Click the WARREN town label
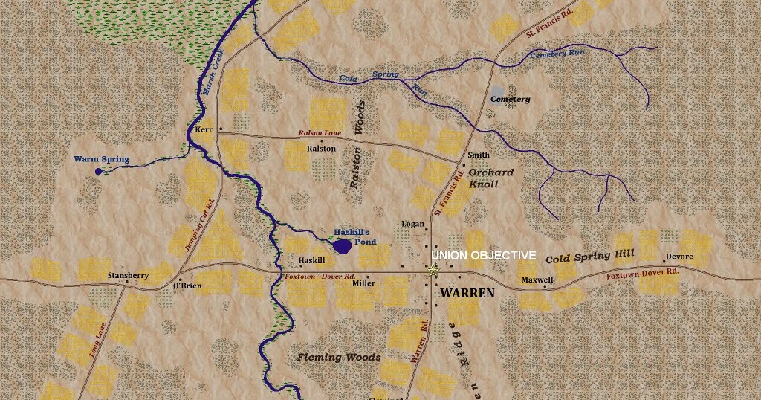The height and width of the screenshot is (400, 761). point(467,293)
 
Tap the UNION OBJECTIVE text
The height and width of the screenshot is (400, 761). point(483,255)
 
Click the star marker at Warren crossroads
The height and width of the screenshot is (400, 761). point(434,270)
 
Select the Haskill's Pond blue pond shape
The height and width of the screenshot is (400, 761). point(342,246)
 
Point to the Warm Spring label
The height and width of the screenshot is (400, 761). point(101,159)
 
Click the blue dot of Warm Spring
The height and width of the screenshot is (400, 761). point(99,172)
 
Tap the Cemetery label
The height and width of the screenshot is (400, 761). point(510,100)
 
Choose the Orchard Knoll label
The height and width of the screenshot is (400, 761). point(490,178)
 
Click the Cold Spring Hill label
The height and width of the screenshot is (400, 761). point(589,257)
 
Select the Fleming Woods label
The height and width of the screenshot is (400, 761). point(339,357)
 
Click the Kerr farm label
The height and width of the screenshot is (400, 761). point(203,129)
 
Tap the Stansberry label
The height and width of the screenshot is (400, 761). point(128,275)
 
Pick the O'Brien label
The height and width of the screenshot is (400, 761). point(187,286)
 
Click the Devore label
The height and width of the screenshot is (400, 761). point(679,257)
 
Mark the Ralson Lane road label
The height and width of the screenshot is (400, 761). point(320,133)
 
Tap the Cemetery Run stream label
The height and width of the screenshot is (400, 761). point(557,54)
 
